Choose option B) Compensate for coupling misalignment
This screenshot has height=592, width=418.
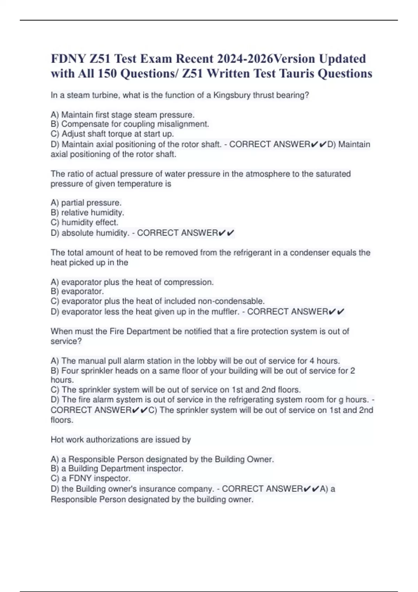tap(130, 124)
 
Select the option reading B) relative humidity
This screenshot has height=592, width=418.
tap(87, 212)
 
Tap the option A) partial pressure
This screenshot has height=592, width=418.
tap(86, 203)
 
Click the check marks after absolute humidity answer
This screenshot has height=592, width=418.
tap(226, 233)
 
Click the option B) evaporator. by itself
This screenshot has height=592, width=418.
tap(77, 291)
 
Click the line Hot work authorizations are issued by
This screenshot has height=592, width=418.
tap(121, 439)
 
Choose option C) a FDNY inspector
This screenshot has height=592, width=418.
tap(91, 478)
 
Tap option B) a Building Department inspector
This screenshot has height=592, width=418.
tap(117, 469)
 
